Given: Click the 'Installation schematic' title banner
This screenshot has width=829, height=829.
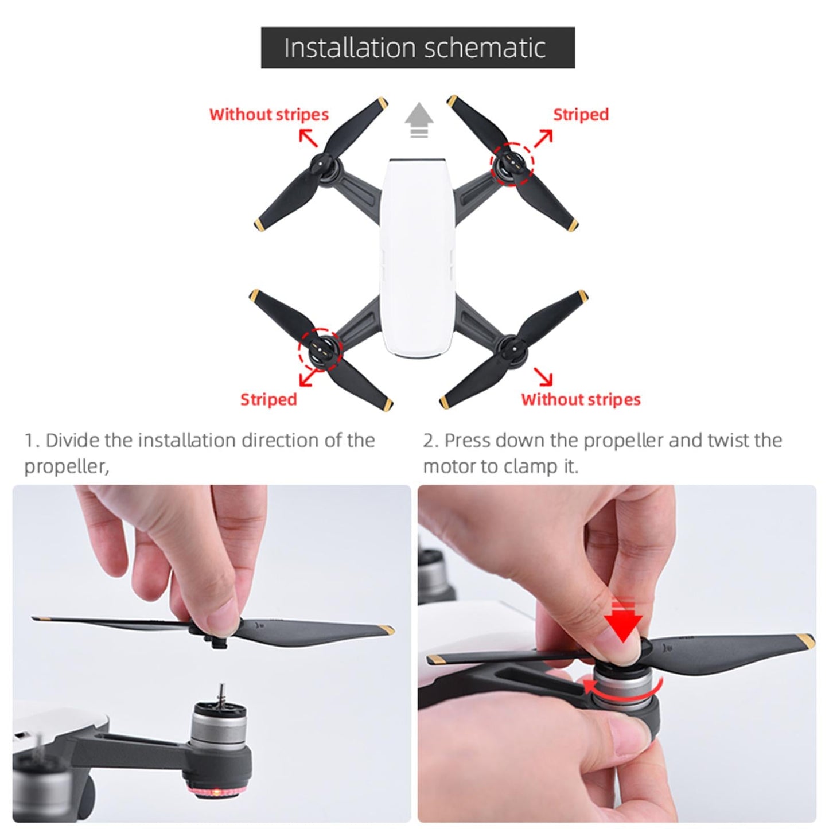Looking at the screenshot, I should point(417,48).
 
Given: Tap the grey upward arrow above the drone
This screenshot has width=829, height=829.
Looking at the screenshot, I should point(419,119).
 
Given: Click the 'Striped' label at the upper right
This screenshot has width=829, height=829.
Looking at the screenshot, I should point(580,114).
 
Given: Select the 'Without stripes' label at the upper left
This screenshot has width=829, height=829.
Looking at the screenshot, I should point(268,114).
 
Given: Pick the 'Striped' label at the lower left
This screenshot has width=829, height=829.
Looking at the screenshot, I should point(268,399).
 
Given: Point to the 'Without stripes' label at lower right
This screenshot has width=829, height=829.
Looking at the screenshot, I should point(581,399).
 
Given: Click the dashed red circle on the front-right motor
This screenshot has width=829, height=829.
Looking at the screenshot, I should point(512,164).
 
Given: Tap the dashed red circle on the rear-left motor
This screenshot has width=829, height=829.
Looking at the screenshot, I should point(320,349).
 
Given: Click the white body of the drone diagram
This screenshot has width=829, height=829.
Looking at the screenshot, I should point(417,258).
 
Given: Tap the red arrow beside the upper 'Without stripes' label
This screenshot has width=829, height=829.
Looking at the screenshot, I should point(308,138).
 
